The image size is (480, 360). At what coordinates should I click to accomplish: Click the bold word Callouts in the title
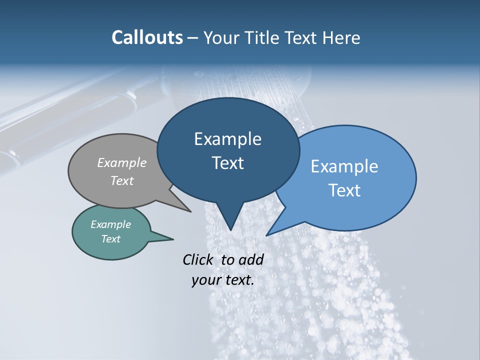[147, 37]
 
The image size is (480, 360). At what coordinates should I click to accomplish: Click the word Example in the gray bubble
[122, 162]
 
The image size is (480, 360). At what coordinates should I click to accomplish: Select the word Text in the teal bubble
[110, 239]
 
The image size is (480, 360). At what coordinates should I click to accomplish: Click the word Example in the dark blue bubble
[227, 139]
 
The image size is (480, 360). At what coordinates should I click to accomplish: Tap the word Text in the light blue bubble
[344, 190]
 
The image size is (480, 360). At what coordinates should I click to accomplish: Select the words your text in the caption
[223, 280]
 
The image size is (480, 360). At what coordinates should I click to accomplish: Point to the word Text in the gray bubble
[122, 180]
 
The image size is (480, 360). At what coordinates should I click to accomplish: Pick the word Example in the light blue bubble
[344, 166]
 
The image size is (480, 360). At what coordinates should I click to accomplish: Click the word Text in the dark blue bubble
[227, 163]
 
